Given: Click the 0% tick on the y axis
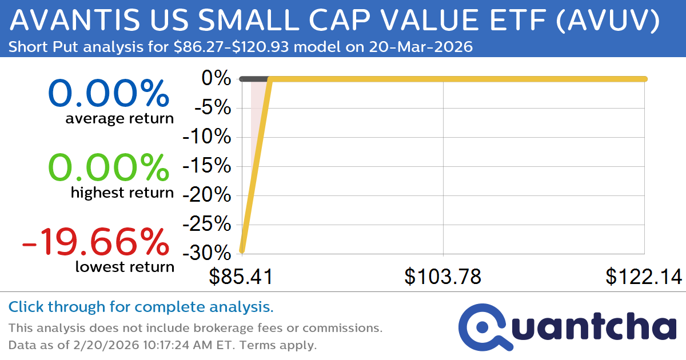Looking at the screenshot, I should coord(216,79).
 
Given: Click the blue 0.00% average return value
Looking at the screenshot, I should coord(109,94).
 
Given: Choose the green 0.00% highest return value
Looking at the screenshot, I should coord(109,168).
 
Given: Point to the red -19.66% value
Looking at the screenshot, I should coord(95,242).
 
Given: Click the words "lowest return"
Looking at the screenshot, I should coord(124,267).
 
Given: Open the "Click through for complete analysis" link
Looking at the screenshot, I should coord(141,307).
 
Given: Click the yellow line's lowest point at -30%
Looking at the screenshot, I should coord(242,250).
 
